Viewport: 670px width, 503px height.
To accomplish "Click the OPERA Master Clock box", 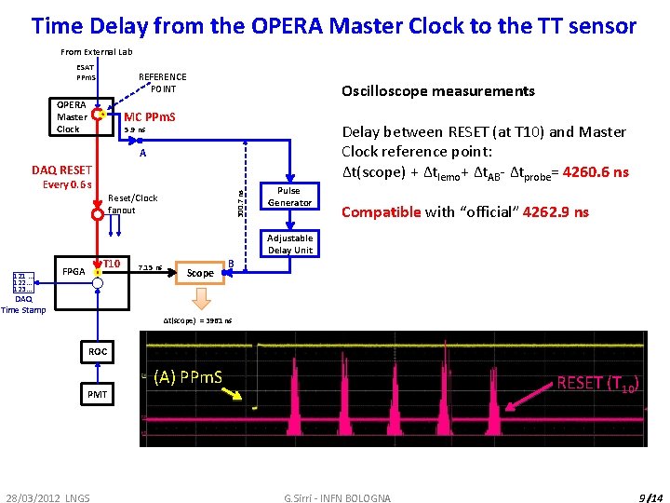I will click(73, 117).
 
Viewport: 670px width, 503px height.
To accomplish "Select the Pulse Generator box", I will click(289, 197).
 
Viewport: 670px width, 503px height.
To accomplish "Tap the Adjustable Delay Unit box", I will click(289, 244).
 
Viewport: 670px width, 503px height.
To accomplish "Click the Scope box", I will click(199, 273).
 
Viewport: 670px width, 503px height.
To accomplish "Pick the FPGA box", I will click(74, 272).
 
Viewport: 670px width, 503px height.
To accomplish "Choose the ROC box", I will click(98, 352).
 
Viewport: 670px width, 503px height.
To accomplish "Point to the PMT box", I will click(98, 395).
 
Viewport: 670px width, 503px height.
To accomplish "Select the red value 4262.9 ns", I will click(556, 212).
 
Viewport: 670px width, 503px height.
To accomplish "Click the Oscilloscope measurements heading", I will click(437, 91).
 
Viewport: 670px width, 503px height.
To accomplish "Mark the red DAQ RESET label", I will click(61, 170).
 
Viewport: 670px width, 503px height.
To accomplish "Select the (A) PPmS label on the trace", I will click(187, 377).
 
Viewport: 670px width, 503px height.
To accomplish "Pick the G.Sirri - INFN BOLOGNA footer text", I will click(338, 498).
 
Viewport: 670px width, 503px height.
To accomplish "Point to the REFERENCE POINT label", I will click(162, 83).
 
